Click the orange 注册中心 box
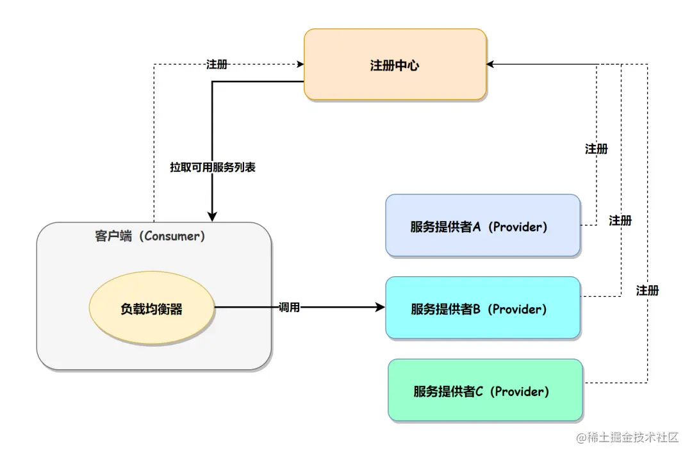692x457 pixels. [395, 65]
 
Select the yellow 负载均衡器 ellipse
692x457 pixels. [151, 309]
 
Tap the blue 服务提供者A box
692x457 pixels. [482, 226]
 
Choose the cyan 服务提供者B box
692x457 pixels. [482, 308]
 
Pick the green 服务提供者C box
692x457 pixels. [485, 390]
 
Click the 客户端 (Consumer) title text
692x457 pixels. [150, 236]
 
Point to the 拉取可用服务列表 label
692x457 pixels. [213, 167]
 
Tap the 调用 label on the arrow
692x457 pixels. [289, 308]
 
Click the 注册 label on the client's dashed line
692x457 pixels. [217, 65]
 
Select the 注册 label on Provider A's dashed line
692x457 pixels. [596, 149]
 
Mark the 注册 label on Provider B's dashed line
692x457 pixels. [620, 220]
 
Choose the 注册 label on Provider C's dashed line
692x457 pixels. [647, 290]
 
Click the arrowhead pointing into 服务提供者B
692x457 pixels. [380, 308]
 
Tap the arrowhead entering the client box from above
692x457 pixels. [211, 217]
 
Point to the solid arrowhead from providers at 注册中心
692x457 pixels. [491, 64]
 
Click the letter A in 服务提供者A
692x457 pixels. [476, 226]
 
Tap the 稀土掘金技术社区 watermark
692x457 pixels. [627, 438]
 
